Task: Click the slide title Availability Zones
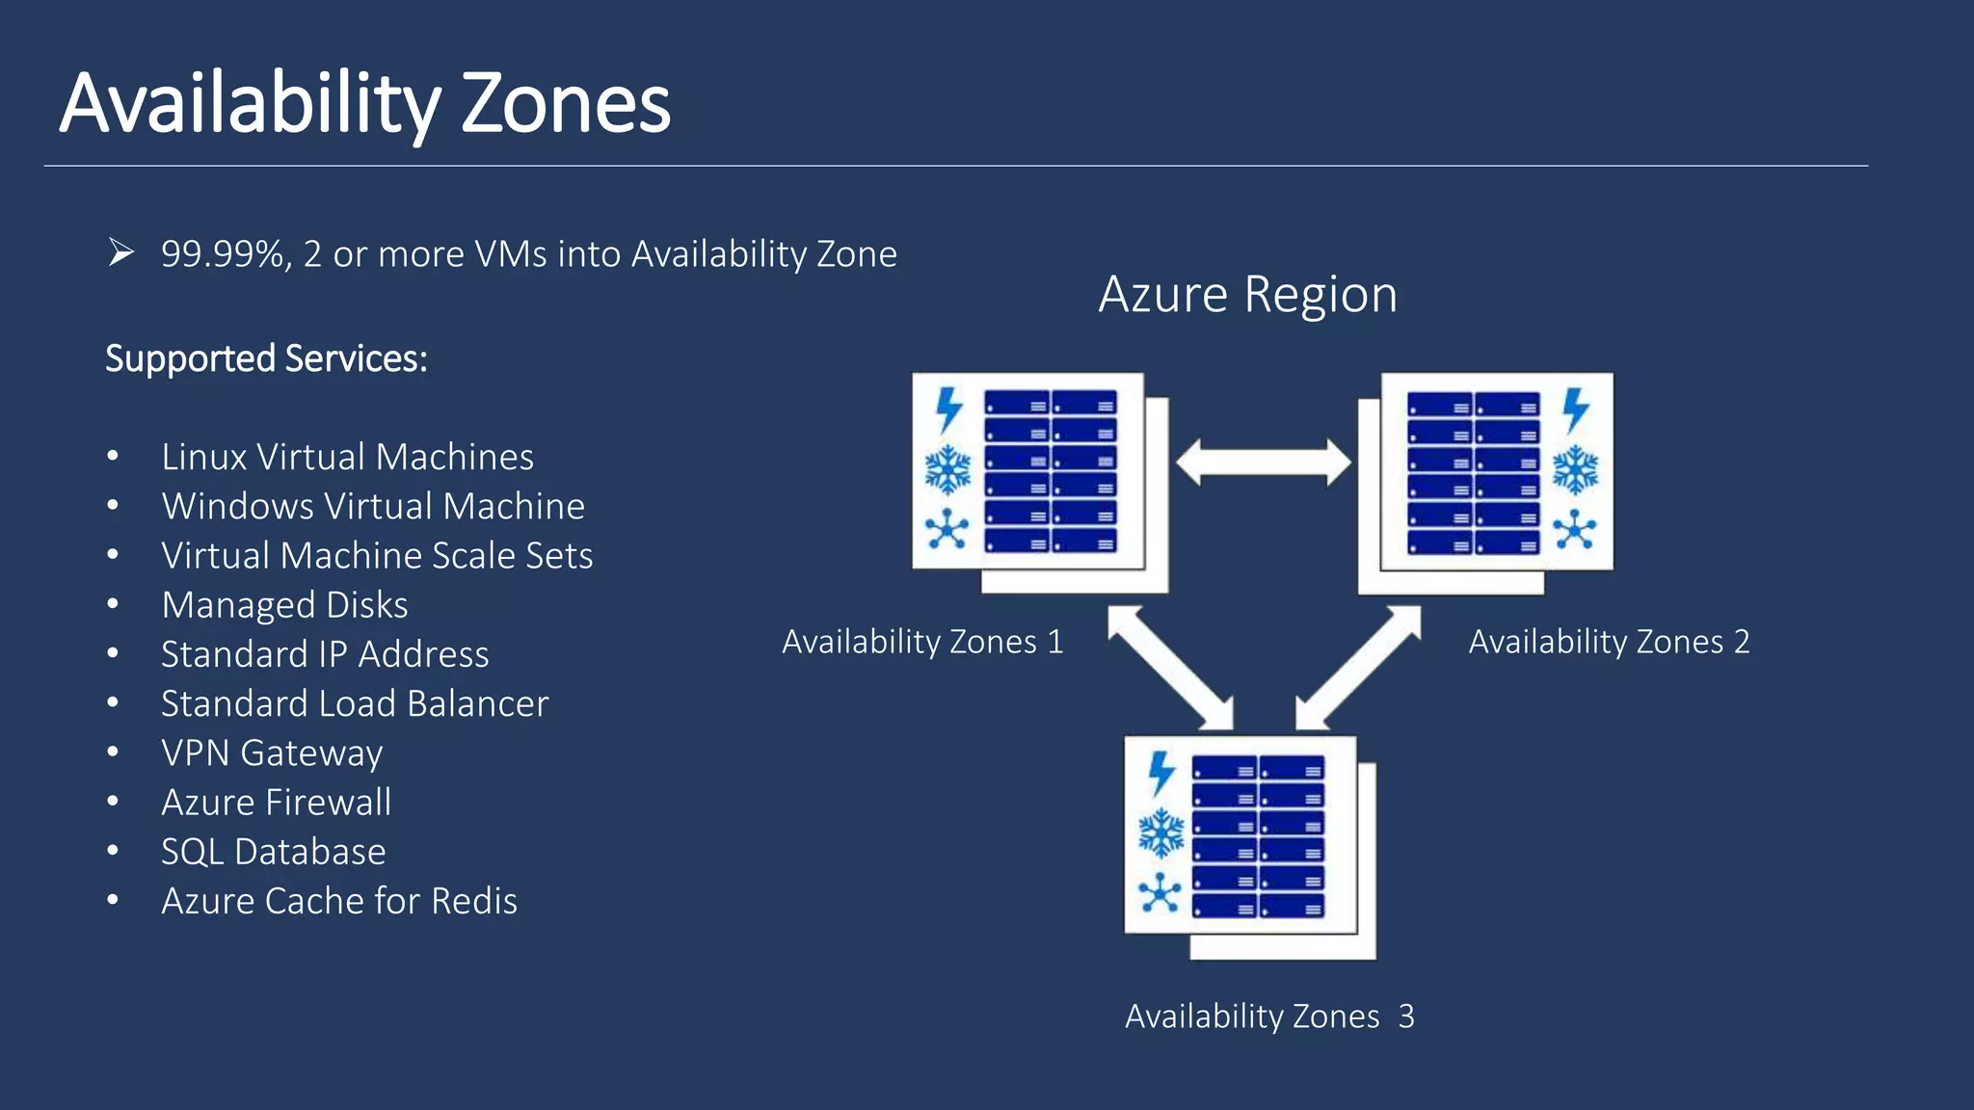pos(364,103)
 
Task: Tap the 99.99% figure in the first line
pos(223,254)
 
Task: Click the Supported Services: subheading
pos(266,358)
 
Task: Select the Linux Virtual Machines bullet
pos(347,457)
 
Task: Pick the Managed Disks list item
pos(284,605)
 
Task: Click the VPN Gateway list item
pos(272,753)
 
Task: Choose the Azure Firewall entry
pos(276,803)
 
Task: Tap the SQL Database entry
pos(273,852)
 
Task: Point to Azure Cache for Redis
pos(338,901)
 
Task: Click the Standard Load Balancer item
pos(354,703)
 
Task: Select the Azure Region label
pos(1247,294)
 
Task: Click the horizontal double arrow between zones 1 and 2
pos(1264,462)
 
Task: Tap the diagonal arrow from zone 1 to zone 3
pos(1170,667)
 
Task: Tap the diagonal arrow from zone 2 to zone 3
pos(1358,667)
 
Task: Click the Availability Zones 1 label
pos(922,642)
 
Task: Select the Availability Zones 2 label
pos(1609,642)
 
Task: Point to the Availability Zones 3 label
pos(1269,1017)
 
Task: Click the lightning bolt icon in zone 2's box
pos(1575,410)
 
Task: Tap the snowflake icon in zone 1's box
pos(947,469)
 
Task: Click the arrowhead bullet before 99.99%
pos(120,252)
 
